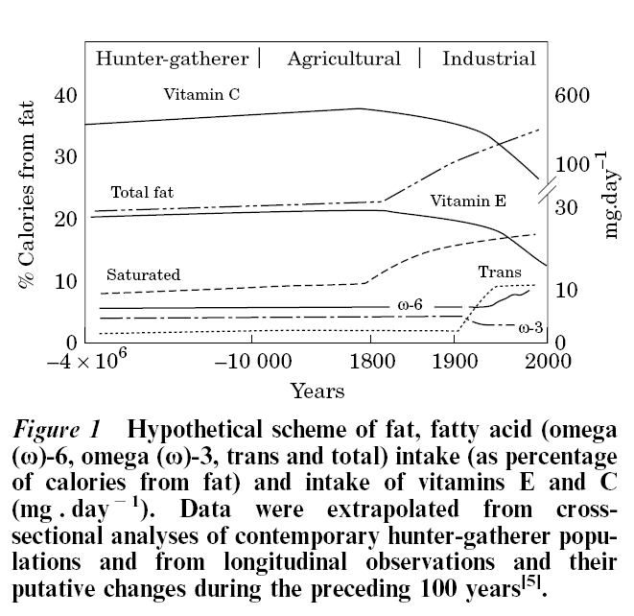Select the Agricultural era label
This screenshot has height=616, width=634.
tap(343, 59)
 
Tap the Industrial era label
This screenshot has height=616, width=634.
tap(488, 59)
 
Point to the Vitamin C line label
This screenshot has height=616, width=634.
tap(201, 94)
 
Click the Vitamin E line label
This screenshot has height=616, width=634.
tap(468, 201)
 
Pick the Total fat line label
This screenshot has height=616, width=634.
tap(142, 192)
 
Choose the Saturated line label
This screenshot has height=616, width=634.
tap(143, 274)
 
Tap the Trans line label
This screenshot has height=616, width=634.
tap(500, 272)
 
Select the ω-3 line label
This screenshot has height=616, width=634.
tap(531, 327)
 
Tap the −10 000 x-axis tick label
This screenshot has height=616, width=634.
tap(253, 361)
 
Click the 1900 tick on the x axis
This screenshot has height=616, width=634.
tap(457, 361)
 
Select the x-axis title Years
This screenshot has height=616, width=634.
tap(317, 391)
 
